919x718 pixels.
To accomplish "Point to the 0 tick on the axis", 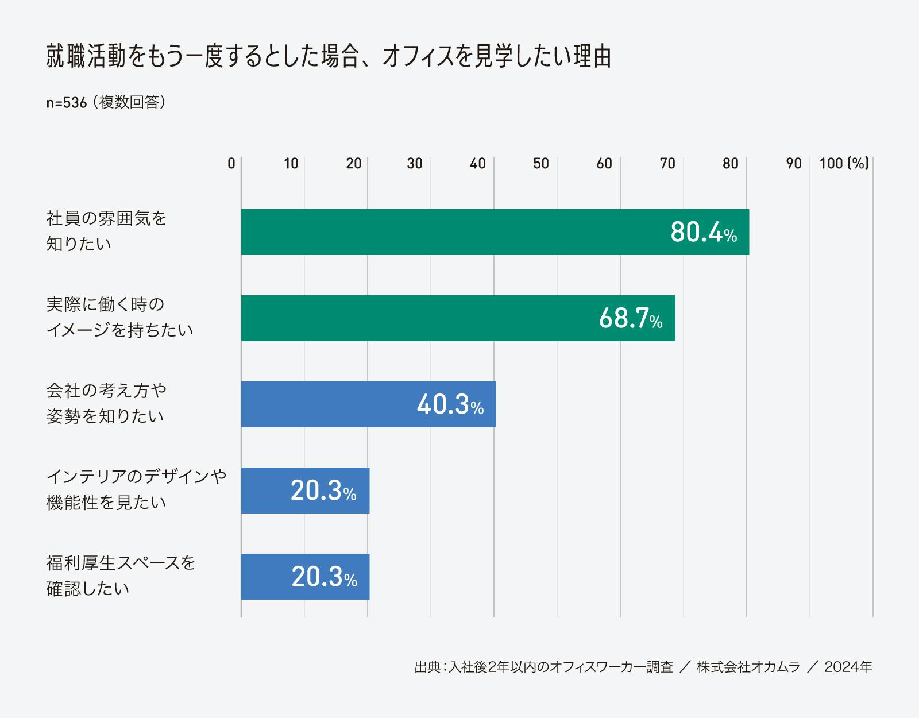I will pos(231,164).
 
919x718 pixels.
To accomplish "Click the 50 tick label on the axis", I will pos(541,164).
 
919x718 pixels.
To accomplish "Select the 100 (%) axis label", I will pos(844,164).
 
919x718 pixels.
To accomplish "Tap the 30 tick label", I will pos(415,164).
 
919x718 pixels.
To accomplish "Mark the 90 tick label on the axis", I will pos(794,164).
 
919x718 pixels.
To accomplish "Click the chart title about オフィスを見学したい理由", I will pos(329,57).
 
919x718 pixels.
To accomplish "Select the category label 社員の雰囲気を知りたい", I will pos(106,231).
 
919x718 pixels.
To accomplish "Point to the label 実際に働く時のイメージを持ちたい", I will pos(119,317).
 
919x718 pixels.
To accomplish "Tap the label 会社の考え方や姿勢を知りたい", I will pos(106,403).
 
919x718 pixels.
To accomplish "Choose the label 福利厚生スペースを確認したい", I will pos(121,576).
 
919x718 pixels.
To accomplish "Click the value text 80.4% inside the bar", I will pos(704,233).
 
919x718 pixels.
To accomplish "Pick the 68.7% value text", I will pos(631,319).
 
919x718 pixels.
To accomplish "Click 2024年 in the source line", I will pos(848,667).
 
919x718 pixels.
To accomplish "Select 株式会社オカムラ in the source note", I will pos(748,667).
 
